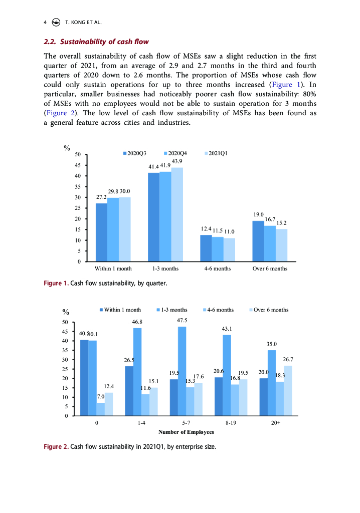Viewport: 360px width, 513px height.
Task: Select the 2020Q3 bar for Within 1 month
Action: [101, 232]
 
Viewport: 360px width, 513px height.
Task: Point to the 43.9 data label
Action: [177, 161]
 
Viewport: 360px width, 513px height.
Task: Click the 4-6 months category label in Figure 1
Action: [218, 269]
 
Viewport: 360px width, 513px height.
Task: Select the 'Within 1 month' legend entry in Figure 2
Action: [120, 310]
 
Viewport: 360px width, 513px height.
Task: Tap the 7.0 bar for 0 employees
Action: [101, 409]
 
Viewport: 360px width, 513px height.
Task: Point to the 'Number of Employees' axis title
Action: [186, 432]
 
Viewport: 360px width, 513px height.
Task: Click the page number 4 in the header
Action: [45, 22]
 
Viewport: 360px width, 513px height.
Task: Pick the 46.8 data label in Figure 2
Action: [137, 322]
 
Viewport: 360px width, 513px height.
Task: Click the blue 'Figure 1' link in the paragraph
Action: [288, 85]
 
